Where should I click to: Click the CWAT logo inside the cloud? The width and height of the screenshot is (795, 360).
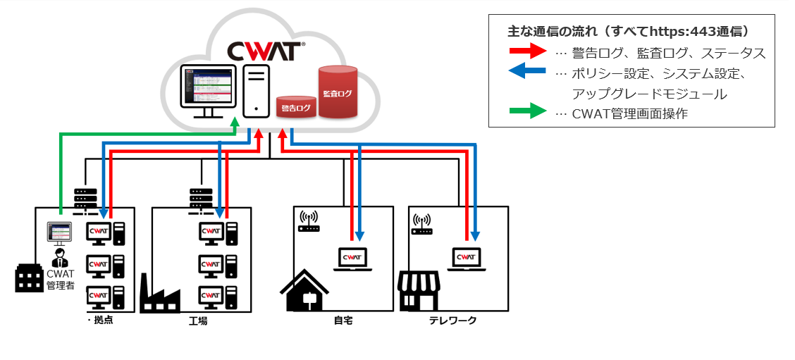(x=266, y=51)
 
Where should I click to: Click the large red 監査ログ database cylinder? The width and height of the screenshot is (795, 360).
(x=338, y=92)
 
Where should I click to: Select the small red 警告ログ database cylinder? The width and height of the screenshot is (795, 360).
(x=296, y=107)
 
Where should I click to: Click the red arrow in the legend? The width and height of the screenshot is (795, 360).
(x=527, y=52)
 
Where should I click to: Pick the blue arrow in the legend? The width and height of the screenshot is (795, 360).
(x=527, y=71)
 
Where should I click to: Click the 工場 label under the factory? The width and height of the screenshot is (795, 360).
(x=198, y=321)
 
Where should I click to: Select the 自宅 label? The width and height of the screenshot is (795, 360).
(x=343, y=321)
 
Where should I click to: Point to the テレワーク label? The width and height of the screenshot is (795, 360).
(x=453, y=321)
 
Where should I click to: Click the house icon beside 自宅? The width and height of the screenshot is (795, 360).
(x=304, y=291)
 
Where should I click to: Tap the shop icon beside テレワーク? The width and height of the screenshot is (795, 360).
(x=419, y=291)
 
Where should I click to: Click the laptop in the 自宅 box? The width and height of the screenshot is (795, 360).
(x=352, y=260)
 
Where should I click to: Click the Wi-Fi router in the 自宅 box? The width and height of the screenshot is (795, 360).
(x=309, y=221)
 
